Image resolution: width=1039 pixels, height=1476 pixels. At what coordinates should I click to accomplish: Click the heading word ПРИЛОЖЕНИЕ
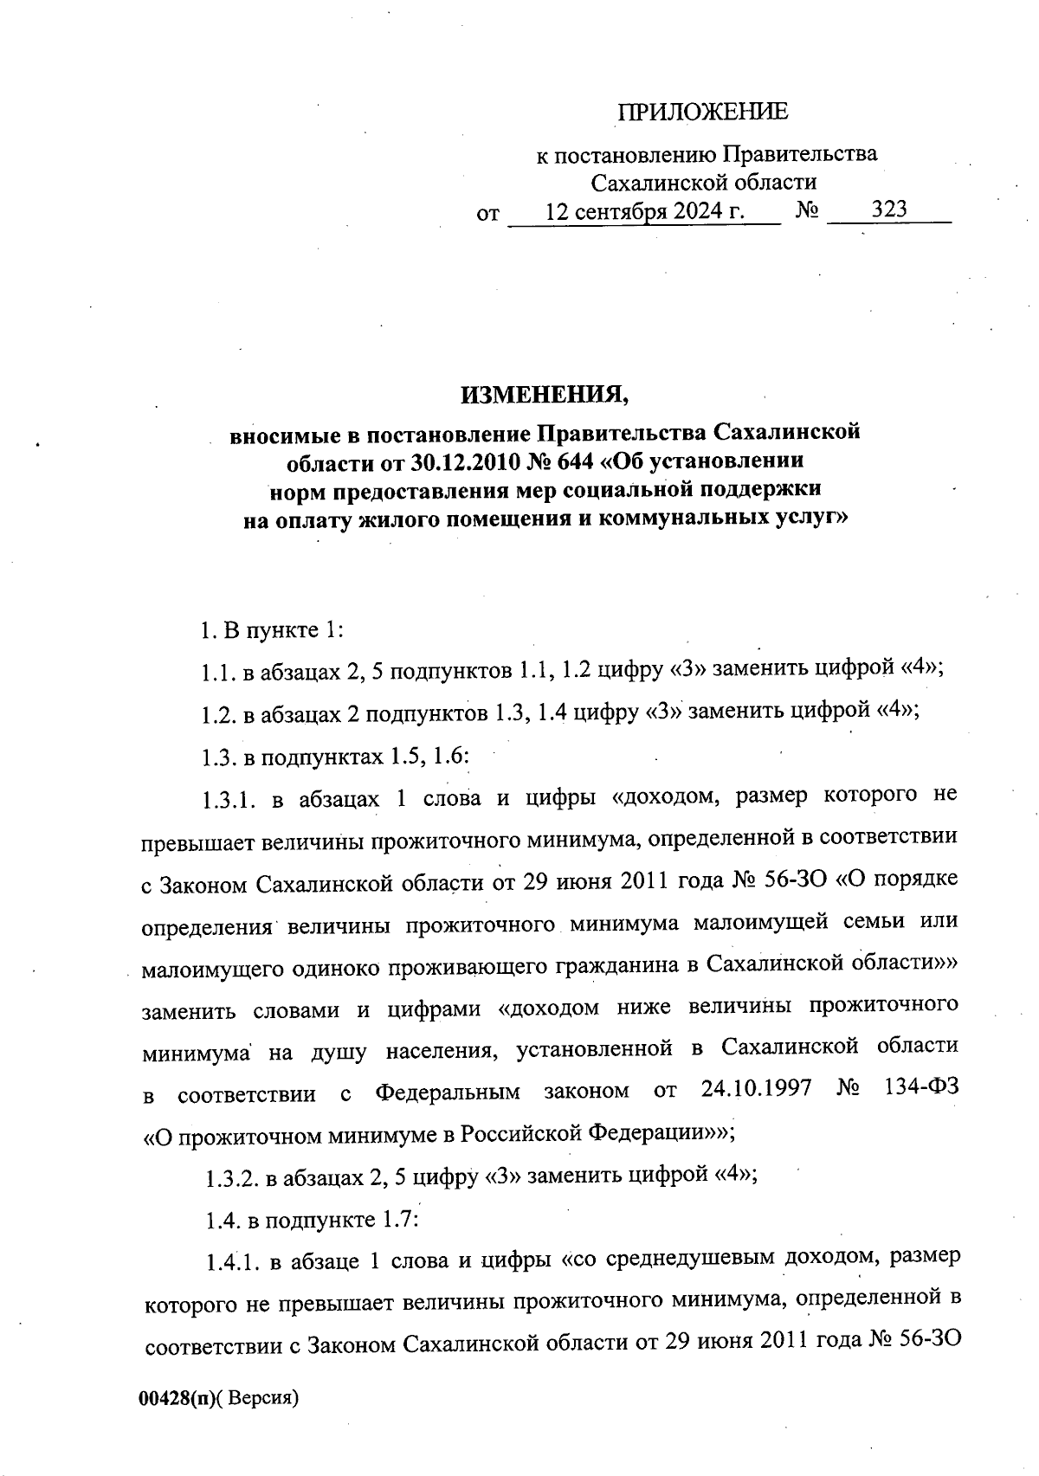702,112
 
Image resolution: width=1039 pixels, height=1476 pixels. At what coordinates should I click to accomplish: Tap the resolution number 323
889,209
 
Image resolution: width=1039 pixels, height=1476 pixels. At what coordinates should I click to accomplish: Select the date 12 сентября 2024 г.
645,210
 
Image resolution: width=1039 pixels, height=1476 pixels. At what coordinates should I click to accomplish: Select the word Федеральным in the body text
447,1091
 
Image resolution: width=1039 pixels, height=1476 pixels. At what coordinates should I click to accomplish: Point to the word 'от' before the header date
488,213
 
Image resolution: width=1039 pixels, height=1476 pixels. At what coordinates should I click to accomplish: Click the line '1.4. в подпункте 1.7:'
312,1220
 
